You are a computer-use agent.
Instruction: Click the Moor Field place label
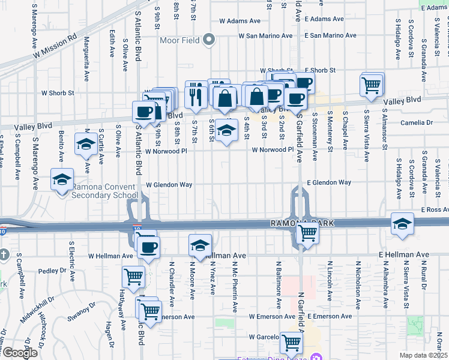pos(180,40)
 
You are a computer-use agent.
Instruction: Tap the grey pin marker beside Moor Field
pos(209,40)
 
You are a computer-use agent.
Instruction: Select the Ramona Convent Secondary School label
pos(105,191)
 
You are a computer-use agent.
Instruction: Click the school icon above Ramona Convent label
pos(62,179)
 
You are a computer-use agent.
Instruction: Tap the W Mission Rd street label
pos(55,46)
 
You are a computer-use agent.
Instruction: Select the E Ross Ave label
pos(435,210)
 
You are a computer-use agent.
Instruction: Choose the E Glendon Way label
pos(328,182)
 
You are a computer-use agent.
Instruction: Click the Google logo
pos(20,353)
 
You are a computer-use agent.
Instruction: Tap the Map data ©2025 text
pos(423,355)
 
